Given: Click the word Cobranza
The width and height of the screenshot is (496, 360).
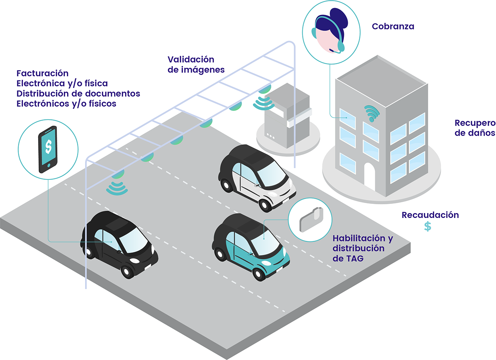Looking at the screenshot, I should [x=393, y=26].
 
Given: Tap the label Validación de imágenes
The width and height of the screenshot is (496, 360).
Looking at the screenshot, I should [x=196, y=64].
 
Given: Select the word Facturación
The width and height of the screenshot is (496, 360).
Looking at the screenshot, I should [x=43, y=73].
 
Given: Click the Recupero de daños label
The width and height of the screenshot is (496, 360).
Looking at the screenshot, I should [x=475, y=128].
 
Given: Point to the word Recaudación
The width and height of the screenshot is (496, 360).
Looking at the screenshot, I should [x=430, y=215].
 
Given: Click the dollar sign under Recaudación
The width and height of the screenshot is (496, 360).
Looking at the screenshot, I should [x=428, y=226].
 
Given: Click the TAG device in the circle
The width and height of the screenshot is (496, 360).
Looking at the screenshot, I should [x=310, y=220].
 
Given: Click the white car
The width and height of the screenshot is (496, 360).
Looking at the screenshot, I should [x=257, y=177].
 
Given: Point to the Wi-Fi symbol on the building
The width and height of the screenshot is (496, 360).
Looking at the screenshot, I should [x=371, y=113].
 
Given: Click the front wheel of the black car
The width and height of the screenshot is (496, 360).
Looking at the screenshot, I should [x=127, y=272].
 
